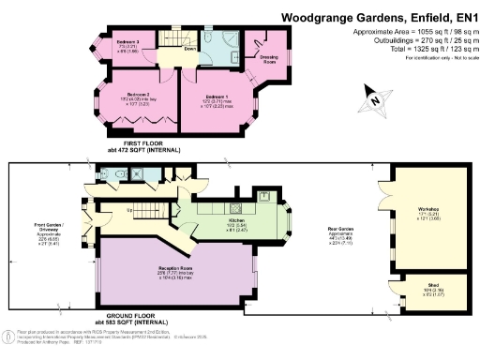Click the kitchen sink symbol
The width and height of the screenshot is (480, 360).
265,199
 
